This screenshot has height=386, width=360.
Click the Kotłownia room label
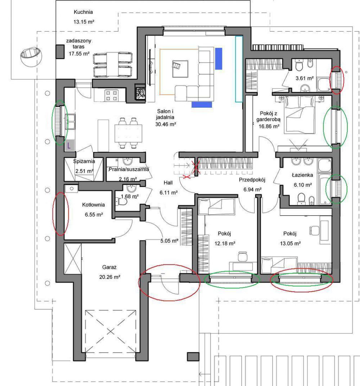(93, 205)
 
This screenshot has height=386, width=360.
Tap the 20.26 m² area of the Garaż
(109, 277)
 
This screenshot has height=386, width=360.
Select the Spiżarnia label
(84, 161)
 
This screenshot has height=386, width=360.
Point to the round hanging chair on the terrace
(31, 56)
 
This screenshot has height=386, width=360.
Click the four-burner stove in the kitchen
(111, 95)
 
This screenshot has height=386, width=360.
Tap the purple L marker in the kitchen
(69, 145)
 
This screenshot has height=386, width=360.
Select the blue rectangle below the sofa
(202, 105)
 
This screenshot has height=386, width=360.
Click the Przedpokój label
(252, 180)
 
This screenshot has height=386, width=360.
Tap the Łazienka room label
(302, 175)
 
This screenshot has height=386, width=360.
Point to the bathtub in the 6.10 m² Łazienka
(325, 189)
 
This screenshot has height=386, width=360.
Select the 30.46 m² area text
(166, 124)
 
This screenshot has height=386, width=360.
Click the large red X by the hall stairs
(195, 168)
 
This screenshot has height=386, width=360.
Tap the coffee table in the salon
(180, 69)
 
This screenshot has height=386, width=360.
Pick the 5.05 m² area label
(169, 241)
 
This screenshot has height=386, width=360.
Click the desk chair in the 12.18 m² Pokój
(242, 256)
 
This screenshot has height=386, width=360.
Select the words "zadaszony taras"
(79, 44)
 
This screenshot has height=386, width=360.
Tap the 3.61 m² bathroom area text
(305, 78)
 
